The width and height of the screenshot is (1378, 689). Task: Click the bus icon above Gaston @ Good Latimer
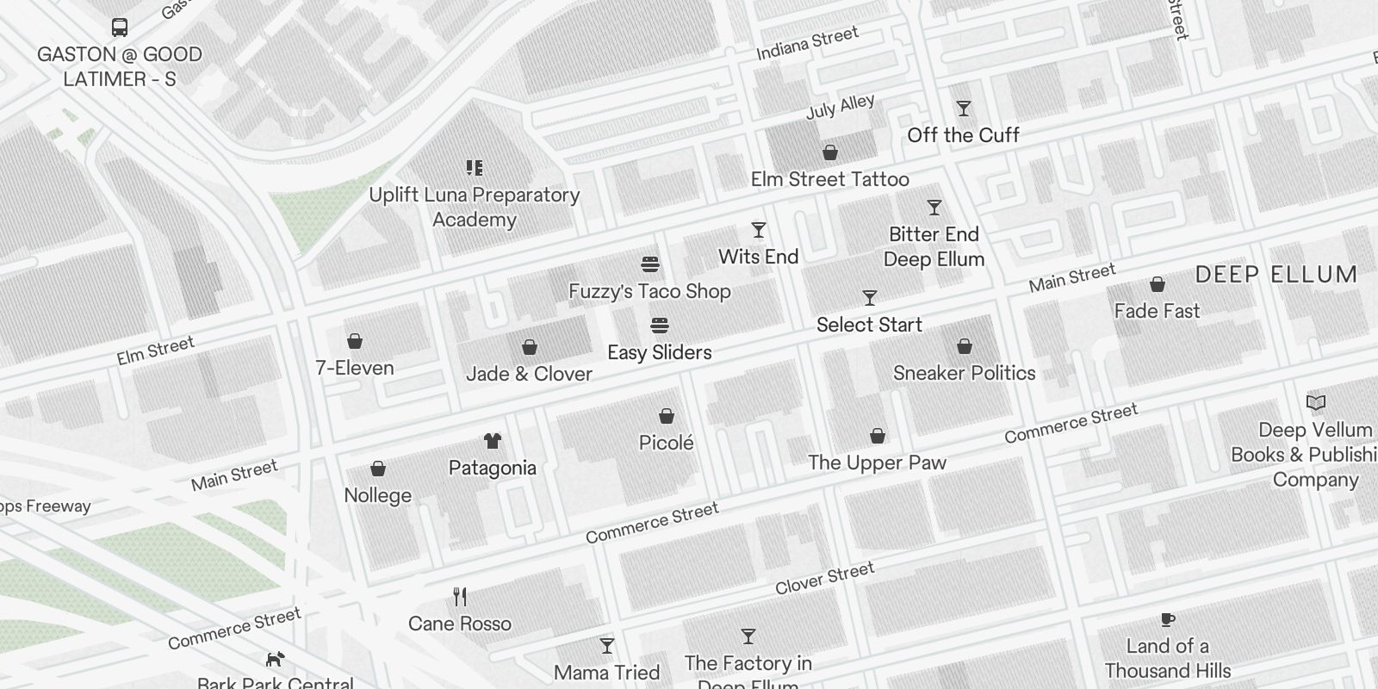pos(120,27)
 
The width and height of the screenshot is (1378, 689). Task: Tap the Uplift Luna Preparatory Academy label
pos(474,207)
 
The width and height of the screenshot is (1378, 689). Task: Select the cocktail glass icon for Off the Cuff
pos(964,109)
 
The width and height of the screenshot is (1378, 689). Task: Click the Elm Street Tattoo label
pos(829,179)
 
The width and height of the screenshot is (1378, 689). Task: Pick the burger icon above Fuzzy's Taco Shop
pos(650,264)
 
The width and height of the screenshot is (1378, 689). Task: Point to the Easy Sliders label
pos(659,352)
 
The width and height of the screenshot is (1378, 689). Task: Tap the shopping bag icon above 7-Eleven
pos(354,341)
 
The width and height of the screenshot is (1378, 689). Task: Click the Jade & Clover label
pos(529,374)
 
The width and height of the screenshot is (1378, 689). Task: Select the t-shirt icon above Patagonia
pos(492,441)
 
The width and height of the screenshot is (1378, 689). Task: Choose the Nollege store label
pos(377,495)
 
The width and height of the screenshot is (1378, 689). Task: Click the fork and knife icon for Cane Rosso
pos(460,596)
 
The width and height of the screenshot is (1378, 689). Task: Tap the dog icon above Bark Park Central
pos(275,660)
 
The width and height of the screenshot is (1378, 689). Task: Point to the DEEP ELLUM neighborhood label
pos(1276,275)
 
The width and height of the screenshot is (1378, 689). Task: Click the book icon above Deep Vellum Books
pos(1315,402)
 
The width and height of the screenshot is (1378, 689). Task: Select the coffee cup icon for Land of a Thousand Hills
pos(1167,619)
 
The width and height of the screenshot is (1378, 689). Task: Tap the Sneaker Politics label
pos(964,373)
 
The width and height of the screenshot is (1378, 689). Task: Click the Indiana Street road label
pos(807,43)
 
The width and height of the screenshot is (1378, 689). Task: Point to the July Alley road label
pos(840,107)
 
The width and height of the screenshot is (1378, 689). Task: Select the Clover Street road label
pos(824,578)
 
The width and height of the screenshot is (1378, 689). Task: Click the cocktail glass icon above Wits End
pos(758,230)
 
